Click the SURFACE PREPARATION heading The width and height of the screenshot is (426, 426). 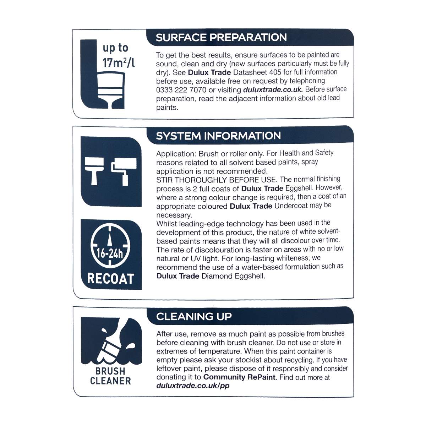click(x=221, y=37)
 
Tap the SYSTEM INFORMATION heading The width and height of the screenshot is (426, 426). click(x=218, y=136)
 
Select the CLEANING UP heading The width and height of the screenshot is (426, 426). click(x=194, y=316)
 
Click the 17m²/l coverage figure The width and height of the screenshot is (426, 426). click(x=119, y=62)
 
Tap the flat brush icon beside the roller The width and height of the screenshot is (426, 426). click(x=94, y=171)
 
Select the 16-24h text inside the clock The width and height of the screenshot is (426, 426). click(x=110, y=253)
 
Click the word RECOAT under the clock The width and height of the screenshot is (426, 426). click(x=111, y=279)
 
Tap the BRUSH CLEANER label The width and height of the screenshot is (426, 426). click(x=110, y=376)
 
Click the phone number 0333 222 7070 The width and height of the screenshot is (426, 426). click(x=181, y=90)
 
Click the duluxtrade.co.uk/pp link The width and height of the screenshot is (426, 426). click(x=193, y=386)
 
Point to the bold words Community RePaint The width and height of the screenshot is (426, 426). click(x=239, y=377)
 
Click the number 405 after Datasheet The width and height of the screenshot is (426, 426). click(x=275, y=72)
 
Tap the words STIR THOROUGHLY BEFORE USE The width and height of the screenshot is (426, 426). click(x=216, y=180)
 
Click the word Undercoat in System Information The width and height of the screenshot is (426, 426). click(x=291, y=206)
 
